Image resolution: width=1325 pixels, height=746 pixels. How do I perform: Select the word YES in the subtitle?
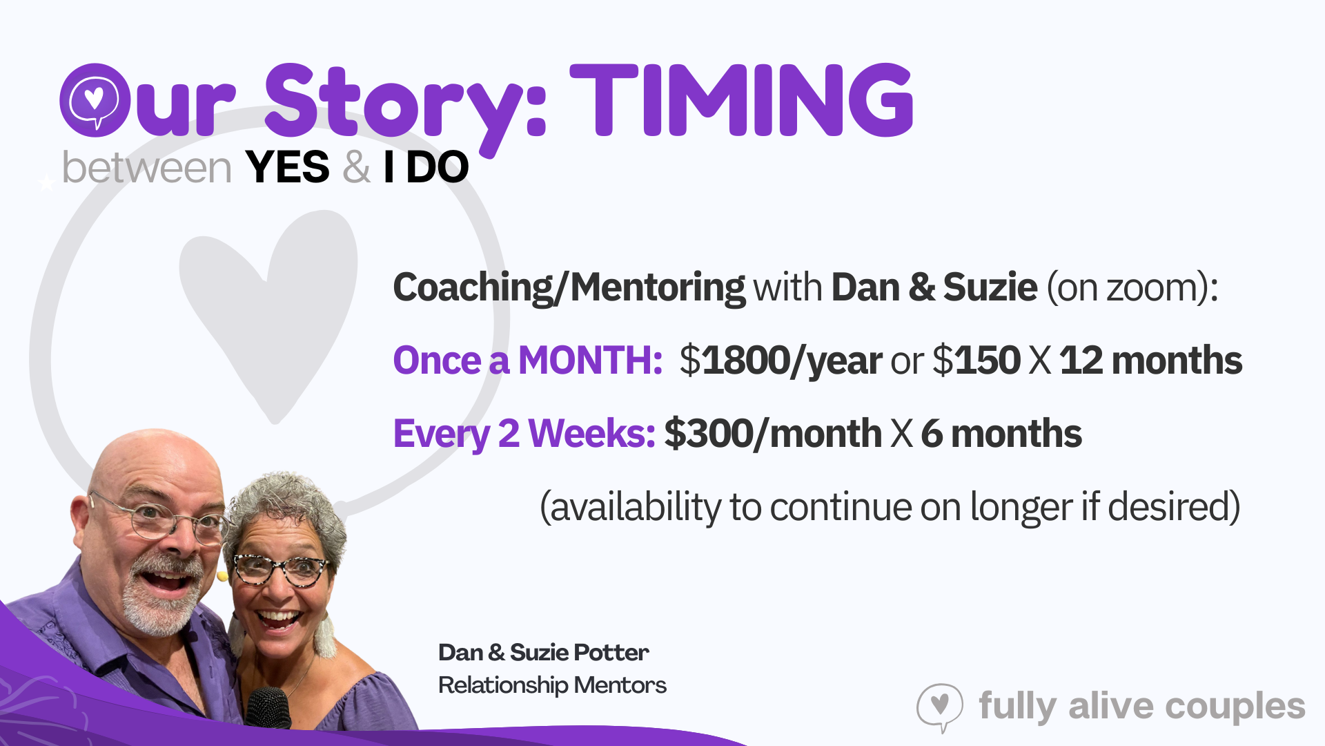(287, 168)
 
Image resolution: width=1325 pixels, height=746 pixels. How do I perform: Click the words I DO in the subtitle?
(426, 168)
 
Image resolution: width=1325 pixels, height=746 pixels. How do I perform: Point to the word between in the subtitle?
(146, 168)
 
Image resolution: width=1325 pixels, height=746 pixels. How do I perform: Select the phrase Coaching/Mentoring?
(569, 287)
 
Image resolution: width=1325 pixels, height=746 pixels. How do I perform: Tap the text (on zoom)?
(1132, 287)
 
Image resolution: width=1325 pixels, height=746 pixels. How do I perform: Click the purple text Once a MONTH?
(528, 361)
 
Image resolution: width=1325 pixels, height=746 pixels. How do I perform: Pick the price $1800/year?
(781, 361)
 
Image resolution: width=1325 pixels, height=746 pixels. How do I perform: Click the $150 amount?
(976, 361)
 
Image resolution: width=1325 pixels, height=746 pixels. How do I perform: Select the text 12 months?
(1151, 361)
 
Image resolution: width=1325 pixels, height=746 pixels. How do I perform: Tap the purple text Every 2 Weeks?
(524, 434)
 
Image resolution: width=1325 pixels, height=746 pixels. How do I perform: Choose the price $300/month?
(773, 434)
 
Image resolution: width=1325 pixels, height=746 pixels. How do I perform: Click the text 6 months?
(1001, 434)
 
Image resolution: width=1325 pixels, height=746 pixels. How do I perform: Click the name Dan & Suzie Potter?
(544, 653)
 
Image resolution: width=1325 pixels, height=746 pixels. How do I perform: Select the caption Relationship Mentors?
(552, 685)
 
